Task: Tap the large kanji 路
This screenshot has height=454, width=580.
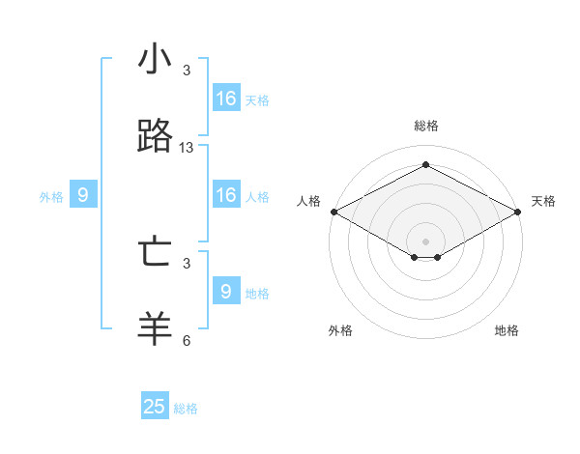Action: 155,137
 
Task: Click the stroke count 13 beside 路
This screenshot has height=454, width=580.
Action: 187,148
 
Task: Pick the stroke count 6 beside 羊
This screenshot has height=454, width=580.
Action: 187,340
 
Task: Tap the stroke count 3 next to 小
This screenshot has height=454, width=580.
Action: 187,71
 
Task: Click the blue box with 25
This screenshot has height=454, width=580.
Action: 155,407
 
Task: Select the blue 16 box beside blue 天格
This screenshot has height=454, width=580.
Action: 226,99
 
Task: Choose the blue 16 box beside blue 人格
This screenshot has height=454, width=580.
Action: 226,195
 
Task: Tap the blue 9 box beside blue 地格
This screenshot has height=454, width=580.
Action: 226,292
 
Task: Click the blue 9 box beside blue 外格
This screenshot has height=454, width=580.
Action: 83,195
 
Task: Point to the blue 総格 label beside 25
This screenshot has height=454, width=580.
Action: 186,409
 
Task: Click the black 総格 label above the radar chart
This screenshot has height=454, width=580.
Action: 425,126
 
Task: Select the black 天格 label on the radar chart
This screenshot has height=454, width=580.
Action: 543,201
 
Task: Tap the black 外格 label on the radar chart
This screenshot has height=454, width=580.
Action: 340,330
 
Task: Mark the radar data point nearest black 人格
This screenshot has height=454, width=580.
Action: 333,212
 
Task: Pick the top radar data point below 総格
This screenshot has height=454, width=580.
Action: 425,164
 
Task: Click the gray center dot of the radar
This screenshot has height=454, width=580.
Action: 425,241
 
